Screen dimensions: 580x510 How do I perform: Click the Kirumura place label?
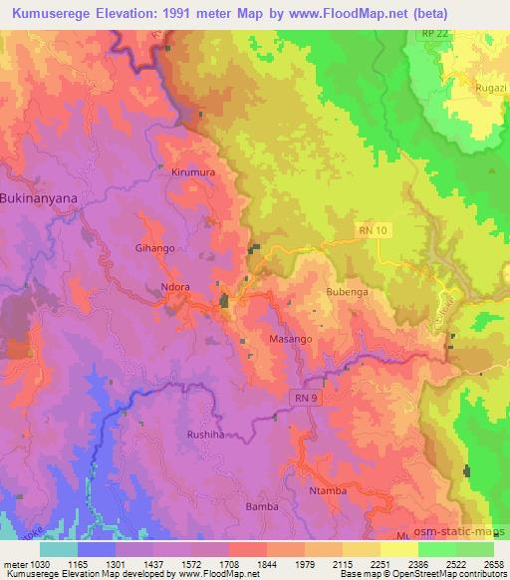point(192,171)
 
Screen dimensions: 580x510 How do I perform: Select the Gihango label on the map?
point(154,247)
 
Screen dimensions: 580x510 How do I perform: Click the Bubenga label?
point(347,293)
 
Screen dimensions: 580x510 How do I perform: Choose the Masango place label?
point(291,339)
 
